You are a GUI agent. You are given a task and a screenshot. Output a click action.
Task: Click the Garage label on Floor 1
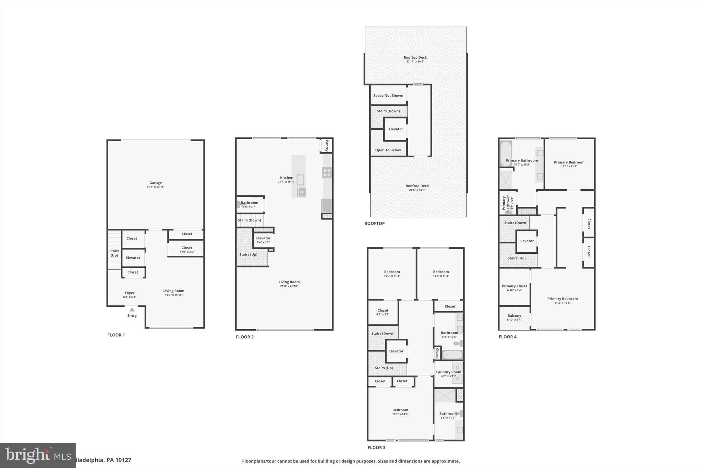[155, 183]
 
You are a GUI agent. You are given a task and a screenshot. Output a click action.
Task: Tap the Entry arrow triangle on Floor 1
[132, 310]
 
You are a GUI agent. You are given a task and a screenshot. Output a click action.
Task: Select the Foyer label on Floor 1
[130, 293]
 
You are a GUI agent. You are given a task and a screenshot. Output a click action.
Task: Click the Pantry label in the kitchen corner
[327, 145]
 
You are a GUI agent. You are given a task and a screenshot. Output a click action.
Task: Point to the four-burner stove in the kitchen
[327, 172]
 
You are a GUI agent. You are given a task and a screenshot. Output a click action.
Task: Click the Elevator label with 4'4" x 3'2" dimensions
[263, 238]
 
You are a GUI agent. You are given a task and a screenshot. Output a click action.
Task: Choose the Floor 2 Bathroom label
[249, 203]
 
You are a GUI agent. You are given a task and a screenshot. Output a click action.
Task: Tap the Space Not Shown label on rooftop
[388, 96]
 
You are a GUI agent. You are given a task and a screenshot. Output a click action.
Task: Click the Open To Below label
[388, 150]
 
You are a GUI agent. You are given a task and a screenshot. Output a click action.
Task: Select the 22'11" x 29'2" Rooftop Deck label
[415, 58]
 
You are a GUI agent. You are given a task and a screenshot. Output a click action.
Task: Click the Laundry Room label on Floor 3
[448, 372]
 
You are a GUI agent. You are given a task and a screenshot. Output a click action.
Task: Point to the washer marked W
[457, 379]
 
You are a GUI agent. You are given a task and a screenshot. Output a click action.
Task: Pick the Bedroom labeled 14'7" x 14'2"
[400, 410]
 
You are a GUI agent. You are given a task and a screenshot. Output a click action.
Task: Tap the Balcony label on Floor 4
[514, 316]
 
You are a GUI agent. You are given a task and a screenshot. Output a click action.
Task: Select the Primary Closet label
[514, 286]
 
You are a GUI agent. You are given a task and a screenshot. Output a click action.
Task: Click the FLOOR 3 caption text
[376, 447]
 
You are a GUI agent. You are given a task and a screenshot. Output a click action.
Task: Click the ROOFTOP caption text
[374, 223]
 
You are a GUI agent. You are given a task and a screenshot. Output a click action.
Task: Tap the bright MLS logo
[38, 455]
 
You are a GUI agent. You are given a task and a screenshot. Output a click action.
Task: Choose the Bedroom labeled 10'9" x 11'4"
[392, 272]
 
